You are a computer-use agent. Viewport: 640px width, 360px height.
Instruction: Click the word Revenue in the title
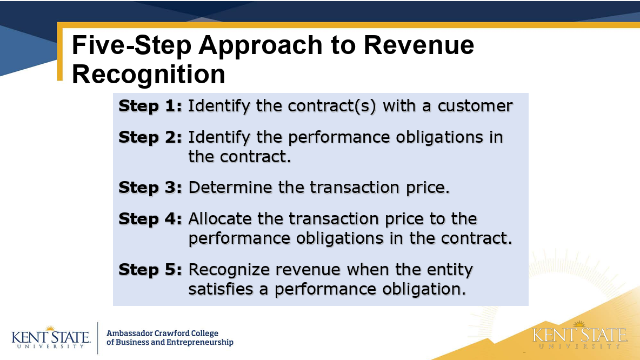419,45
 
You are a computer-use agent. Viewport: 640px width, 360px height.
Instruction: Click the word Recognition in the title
149,74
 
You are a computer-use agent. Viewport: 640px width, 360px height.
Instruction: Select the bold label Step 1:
150,106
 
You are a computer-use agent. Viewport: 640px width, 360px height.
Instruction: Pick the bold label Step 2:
150,137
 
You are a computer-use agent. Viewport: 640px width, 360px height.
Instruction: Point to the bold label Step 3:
150,188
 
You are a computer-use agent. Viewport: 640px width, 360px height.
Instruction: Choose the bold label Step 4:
150,219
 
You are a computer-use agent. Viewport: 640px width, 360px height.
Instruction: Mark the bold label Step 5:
150,270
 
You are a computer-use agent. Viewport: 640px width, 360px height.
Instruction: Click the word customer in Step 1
475,106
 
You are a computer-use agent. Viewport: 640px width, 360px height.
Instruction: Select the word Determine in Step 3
230,188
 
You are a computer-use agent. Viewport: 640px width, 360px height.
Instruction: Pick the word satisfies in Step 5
221,289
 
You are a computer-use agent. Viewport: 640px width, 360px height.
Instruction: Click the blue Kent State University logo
51,338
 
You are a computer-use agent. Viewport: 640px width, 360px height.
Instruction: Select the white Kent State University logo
579,336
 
